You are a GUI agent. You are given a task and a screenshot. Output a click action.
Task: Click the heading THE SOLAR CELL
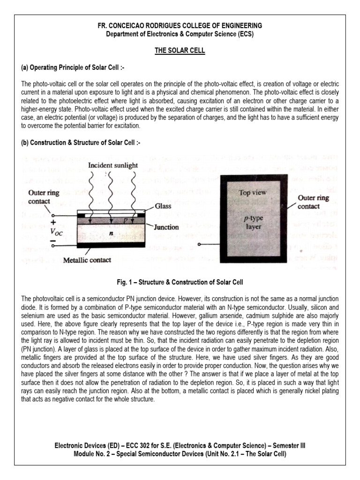tap(180, 51)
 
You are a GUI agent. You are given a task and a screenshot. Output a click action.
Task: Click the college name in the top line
tap(180, 25)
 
